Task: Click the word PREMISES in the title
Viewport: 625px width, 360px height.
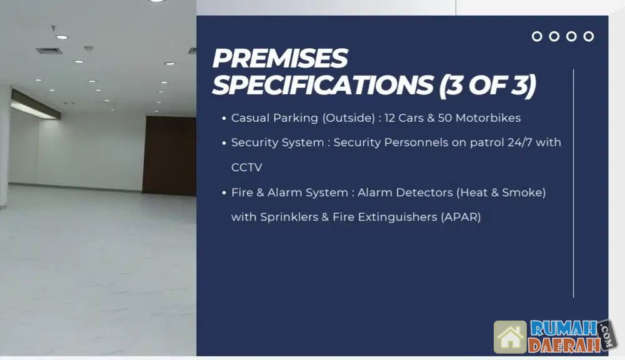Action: [x=280, y=58]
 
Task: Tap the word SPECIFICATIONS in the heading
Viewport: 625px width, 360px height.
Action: [x=323, y=85]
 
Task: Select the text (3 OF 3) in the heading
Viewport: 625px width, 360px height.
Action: [x=487, y=86]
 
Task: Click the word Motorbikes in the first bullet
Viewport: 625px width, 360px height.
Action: [x=488, y=118]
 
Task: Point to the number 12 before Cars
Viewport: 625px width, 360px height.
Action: [x=389, y=118]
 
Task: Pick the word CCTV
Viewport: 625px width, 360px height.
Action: [x=247, y=167]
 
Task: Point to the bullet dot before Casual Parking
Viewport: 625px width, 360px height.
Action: [x=224, y=118]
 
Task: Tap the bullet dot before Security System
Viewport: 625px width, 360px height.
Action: [x=224, y=143]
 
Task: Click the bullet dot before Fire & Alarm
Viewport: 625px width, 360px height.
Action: [x=224, y=193]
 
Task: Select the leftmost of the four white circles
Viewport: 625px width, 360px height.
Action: [x=537, y=32]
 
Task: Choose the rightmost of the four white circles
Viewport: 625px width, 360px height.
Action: [x=588, y=32]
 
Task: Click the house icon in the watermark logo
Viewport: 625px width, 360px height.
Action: [x=510, y=337]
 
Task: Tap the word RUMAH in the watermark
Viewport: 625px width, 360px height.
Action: [x=564, y=329]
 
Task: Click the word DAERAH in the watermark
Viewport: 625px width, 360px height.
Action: [x=564, y=345]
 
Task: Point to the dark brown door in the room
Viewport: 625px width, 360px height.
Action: [x=169, y=156]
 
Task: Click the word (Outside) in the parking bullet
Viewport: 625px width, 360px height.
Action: [x=348, y=118]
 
